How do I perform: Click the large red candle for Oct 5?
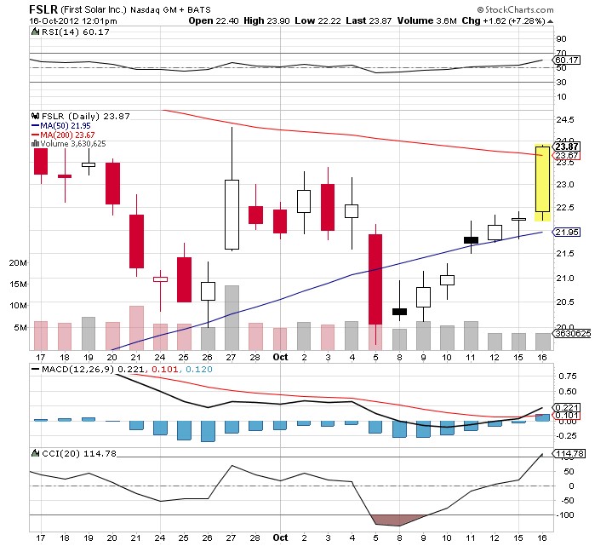coord(375,279)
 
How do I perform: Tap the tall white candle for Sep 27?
coord(232,214)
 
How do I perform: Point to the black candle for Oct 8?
coord(398,312)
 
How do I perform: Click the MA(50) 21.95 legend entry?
coord(64,125)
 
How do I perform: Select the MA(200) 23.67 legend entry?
coord(66,135)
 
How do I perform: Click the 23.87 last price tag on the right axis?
coord(567,146)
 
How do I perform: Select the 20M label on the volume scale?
coord(18,263)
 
